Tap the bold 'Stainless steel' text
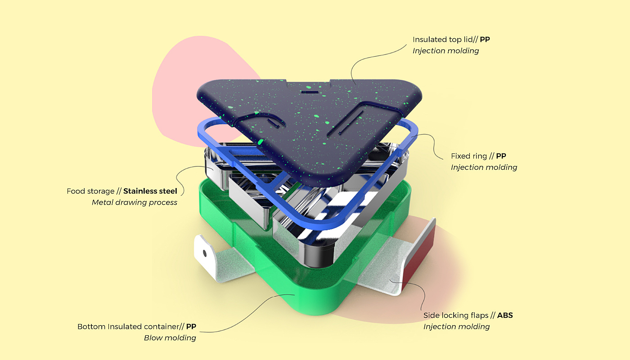150,191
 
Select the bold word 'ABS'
505,315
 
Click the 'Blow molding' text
170,338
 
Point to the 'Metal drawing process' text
134,202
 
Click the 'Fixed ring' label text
469,156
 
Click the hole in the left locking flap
205,253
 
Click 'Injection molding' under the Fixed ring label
484,167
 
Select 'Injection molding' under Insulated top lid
445,51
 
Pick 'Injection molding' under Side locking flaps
456,327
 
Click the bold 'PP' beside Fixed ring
501,156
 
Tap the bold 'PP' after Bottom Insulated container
191,327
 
